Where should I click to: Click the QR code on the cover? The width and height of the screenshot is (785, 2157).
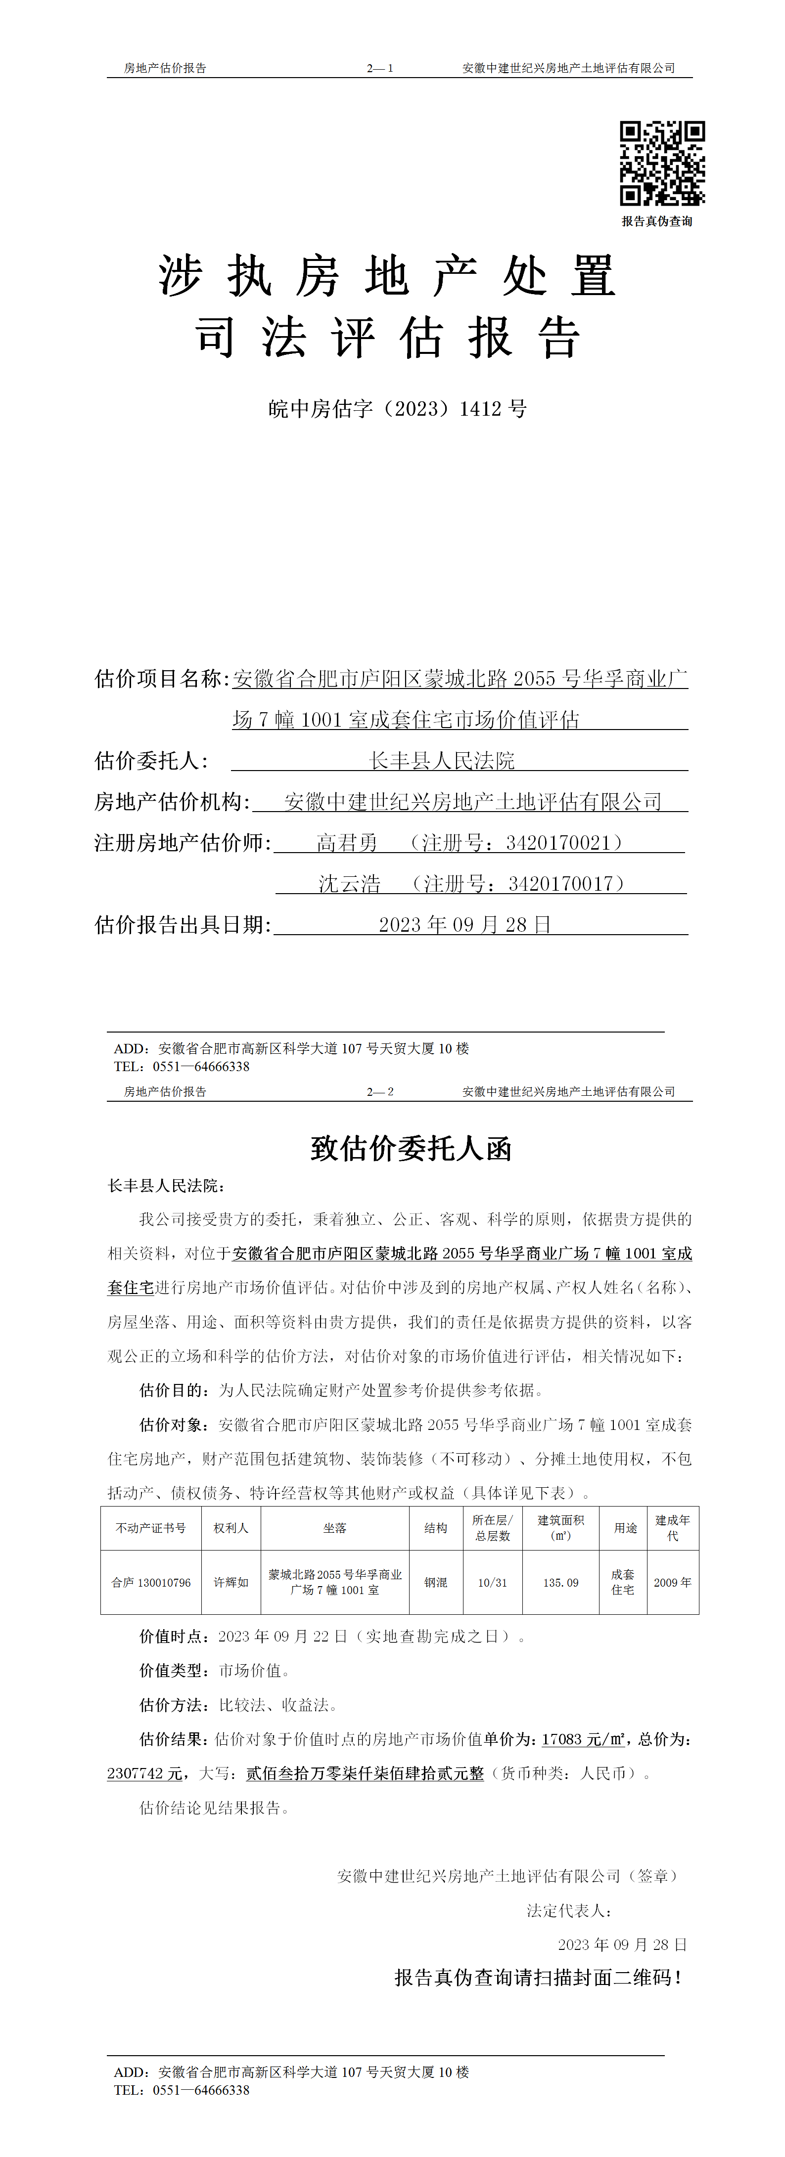(662, 163)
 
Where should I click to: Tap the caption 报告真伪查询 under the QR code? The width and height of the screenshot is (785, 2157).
(657, 221)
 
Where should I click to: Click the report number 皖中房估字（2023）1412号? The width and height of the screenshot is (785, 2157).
(397, 409)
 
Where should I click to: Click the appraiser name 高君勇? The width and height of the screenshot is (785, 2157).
(347, 842)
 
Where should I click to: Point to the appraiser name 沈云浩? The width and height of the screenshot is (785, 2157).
(349, 883)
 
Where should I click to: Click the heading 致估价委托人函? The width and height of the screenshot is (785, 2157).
(411, 1148)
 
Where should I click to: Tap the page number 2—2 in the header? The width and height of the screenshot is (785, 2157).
(379, 1092)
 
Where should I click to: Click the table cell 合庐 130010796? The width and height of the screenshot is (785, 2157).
(151, 1583)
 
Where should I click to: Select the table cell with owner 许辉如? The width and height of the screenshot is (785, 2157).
(231, 1583)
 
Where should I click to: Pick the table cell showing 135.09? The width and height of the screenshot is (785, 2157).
(560, 1583)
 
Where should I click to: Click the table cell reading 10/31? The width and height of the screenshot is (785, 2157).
(493, 1583)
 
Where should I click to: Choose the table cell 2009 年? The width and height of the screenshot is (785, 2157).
(672, 1583)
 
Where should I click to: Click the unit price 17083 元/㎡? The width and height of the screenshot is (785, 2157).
(582, 1739)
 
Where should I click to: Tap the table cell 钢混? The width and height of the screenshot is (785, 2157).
(436, 1583)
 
